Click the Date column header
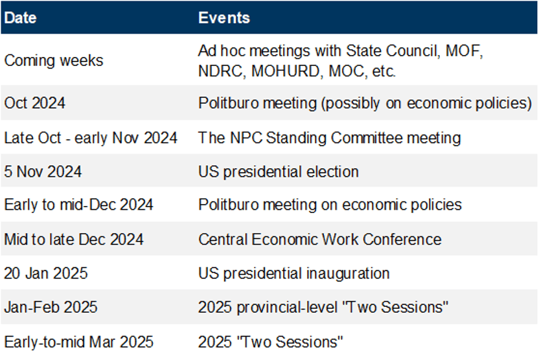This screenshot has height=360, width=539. (20, 18)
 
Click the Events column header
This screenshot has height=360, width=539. (224, 18)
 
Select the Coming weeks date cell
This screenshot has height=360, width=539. (54, 61)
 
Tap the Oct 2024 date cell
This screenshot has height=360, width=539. (35, 103)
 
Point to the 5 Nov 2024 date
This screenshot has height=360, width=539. (43, 172)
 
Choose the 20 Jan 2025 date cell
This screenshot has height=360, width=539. (46, 273)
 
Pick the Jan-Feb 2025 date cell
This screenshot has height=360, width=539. (51, 307)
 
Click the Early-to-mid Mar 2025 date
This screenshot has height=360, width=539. (79, 342)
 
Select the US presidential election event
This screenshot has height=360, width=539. (279, 172)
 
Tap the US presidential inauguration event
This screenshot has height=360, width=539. (294, 274)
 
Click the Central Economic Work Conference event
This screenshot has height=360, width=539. (319, 240)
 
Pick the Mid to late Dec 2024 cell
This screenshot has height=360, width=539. (74, 240)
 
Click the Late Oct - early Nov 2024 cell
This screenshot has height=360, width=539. (91, 138)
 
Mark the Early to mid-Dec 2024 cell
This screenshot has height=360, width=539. (79, 205)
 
